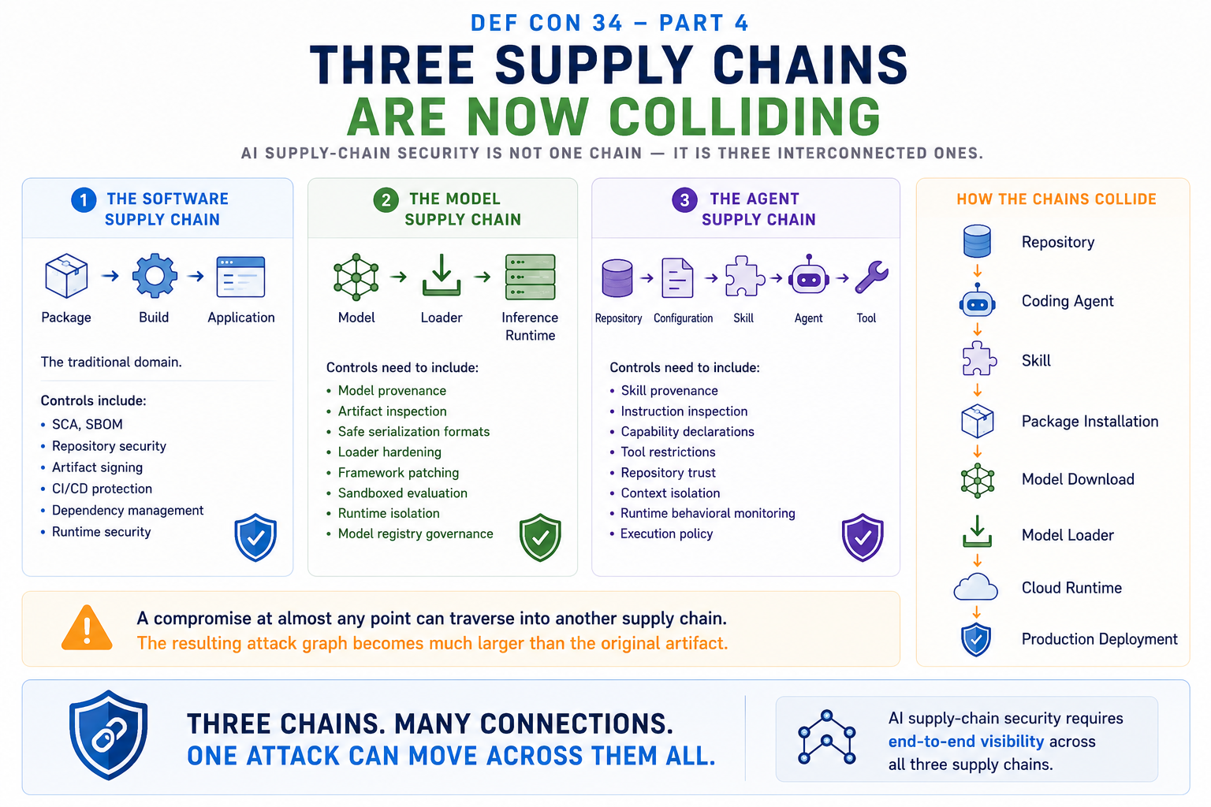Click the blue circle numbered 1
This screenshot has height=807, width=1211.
[84, 200]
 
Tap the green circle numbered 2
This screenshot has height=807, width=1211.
[386, 200]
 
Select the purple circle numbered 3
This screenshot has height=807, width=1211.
[684, 200]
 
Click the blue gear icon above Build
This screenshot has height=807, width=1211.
[155, 276]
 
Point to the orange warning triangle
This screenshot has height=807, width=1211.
[87, 628]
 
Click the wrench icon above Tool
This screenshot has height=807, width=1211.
[871, 277]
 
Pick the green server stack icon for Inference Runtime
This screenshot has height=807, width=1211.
[530, 277]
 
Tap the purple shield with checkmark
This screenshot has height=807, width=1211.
[863, 537]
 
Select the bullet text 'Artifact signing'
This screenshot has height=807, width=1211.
[97, 467]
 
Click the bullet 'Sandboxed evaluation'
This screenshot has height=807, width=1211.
[403, 493]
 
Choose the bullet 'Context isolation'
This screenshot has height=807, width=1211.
[670, 493]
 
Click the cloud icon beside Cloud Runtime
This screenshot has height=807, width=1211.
[976, 587]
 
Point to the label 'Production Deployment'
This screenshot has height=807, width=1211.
[1099, 639]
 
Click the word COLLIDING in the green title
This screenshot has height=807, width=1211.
[745, 117]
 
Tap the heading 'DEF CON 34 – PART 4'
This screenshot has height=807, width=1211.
[609, 23]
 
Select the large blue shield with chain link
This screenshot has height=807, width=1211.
[109, 734]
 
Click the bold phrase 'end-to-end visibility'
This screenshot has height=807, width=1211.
[966, 741]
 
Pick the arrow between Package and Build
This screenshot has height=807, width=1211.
[110, 276]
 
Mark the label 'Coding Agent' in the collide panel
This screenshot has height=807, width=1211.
[1068, 301]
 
